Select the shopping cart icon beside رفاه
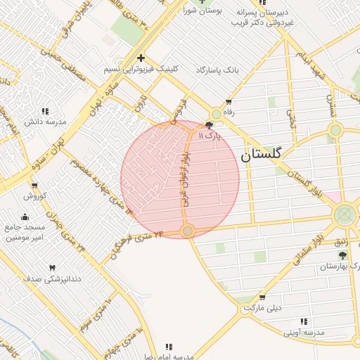click(229, 101)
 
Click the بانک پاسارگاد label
click(218, 70)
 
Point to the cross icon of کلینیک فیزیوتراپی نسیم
click(141, 58)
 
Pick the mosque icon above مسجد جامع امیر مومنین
click(25, 216)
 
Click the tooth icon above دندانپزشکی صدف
click(51, 268)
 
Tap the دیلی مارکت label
click(262, 308)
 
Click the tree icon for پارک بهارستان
click(342, 255)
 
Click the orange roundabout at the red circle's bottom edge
click(187, 231)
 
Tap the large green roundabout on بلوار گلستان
click(345, 214)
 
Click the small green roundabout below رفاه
click(217, 114)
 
